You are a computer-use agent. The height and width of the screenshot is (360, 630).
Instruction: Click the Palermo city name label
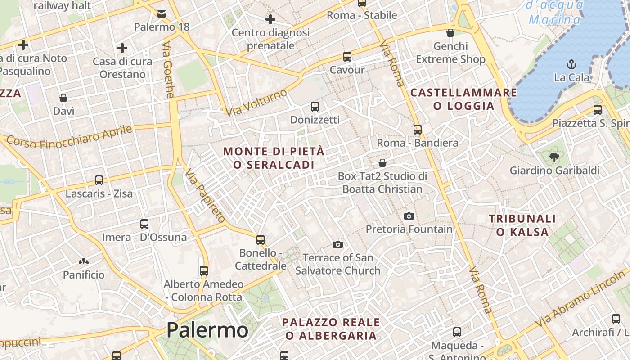pyautogui.click(x=207, y=330)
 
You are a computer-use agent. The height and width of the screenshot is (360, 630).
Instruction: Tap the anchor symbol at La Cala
pyautogui.click(x=571, y=64)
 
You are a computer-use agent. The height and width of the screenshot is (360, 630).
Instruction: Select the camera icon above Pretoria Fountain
pyautogui.click(x=409, y=216)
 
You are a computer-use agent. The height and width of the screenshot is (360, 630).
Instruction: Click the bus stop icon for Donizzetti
pyautogui.click(x=315, y=107)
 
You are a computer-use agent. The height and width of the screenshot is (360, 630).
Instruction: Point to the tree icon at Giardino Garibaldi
pyautogui.click(x=554, y=157)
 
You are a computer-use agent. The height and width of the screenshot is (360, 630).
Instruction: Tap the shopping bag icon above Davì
pyautogui.click(x=63, y=98)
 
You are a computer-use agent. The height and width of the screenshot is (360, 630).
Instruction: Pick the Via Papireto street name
pyautogui.click(x=205, y=196)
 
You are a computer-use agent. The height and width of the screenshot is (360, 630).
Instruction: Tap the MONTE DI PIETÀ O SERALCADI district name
pyautogui.click(x=274, y=158)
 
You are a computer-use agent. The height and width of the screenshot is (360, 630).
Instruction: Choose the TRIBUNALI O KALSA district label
pyautogui.click(x=522, y=225)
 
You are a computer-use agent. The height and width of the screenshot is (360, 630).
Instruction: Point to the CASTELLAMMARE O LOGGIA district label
pyautogui.click(x=464, y=99)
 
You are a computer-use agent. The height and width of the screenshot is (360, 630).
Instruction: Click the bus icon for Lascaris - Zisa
pyautogui.click(x=99, y=180)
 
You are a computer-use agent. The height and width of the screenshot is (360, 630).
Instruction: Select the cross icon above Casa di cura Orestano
pyautogui.click(x=122, y=48)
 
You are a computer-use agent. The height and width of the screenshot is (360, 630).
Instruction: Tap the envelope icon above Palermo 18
pyautogui.click(x=162, y=14)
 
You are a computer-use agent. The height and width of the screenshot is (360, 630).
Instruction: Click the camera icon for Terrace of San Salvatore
pyautogui.click(x=338, y=244)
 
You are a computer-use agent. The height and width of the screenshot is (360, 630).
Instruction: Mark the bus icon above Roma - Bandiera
pyautogui.click(x=418, y=130)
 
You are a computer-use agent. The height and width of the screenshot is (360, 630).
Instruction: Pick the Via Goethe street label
pyautogui.click(x=168, y=70)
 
